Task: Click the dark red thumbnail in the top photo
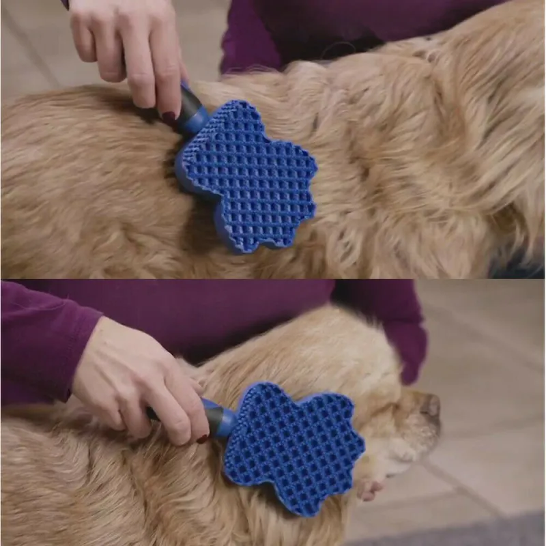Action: click(169, 117)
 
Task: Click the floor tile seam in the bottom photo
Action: click(464, 478)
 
